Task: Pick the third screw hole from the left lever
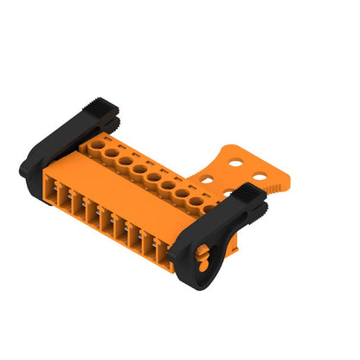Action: (125, 161)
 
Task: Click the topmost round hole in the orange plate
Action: (236, 161)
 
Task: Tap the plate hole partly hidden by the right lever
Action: (230, 192)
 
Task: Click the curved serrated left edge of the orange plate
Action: (209, 162)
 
